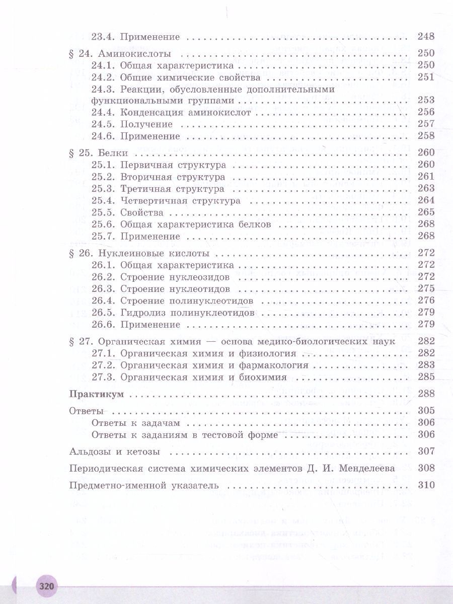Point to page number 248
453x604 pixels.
426,36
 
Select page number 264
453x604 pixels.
426,200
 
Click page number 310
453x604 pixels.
426,486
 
